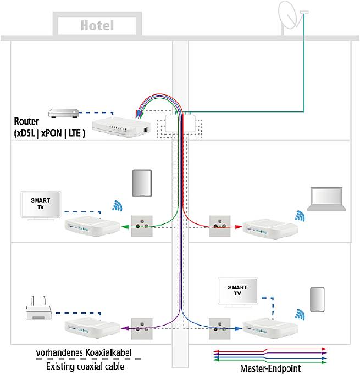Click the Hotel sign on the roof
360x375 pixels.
click(x=97, y=25)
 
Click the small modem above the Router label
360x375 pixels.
click(x=63, y=114)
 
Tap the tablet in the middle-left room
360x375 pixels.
click(x=141, y=183)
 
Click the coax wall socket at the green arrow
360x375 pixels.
click(x=141, y=225)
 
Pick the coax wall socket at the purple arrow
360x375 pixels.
click(x=141, y=328)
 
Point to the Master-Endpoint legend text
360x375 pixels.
click(x=269, y=367)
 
